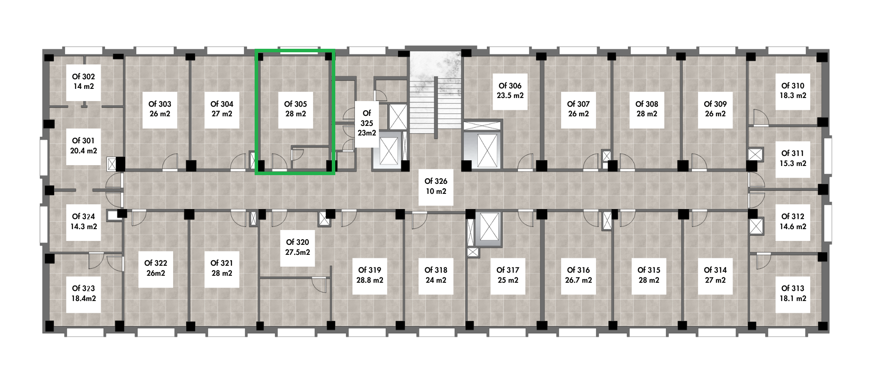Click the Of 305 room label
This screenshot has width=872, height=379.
tap(296, 104)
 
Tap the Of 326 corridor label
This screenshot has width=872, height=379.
tap(436, 181)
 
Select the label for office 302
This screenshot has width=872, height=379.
tap(83, 77)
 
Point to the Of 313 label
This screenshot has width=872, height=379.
tap(793, 288)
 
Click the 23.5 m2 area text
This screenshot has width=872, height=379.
tap(510, 95)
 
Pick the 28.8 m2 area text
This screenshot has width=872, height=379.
tap(370, 280)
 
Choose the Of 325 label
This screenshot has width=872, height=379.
tap(367, 118)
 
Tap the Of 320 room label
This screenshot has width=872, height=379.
tap(297, 242)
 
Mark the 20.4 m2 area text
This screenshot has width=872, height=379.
tap(84, 151)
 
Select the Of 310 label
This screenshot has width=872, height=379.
tap(793, 86)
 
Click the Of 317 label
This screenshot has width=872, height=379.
tap(508, 270)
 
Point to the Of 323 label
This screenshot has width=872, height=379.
tap(84, 288)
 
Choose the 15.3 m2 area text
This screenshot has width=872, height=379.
tap(793, 163)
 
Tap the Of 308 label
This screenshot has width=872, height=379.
tap(647, 104)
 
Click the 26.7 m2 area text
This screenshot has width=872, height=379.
tap(579, 280)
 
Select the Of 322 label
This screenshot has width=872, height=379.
tap(156, 263)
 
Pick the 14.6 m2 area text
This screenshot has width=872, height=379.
tap(793, 227)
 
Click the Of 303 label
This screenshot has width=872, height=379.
tap(160, 104)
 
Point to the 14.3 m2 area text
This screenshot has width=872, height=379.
tap(84, 227)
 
